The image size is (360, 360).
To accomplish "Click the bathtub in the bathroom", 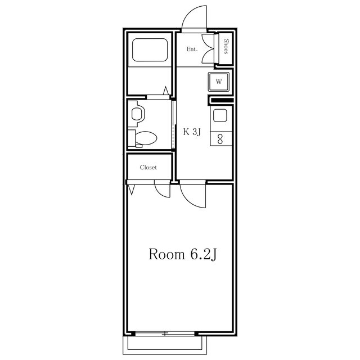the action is [150, 50].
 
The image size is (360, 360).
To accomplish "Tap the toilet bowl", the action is [146, 138].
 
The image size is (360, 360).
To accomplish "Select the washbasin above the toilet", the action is [137, 114].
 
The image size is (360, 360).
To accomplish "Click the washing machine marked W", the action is [219, 82].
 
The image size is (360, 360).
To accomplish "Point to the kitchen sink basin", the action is [220, 115].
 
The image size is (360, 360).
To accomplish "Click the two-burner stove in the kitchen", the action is [220, 138].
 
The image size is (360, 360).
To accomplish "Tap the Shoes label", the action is [226, 47].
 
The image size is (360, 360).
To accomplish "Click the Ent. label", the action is [192, 49].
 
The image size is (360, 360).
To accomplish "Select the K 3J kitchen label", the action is [192, 132].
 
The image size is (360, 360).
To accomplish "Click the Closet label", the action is [148, 168].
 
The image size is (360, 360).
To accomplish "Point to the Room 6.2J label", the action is [182, 254].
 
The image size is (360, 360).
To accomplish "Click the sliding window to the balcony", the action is [165, 334].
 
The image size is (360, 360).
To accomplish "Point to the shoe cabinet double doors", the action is [209, 48].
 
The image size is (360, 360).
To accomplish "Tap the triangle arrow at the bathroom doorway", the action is [166, 91].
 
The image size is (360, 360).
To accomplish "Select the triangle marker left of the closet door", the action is [132, 190].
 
